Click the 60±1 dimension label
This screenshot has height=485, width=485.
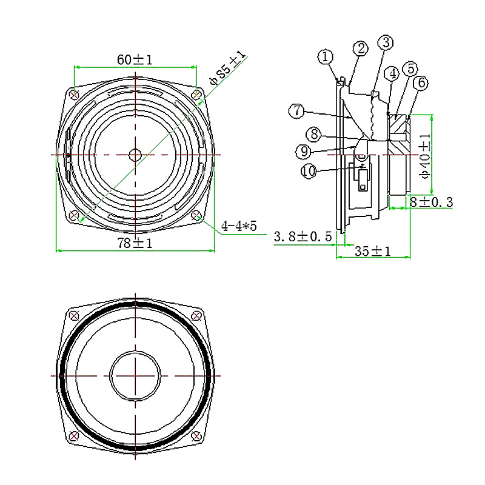pos(135,59)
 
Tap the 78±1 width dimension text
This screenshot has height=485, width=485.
pos(135,243)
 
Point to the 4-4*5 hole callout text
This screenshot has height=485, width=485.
pos(239,226)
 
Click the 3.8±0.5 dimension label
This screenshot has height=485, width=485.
pos(303,236)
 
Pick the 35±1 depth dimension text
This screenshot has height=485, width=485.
pos(372,251)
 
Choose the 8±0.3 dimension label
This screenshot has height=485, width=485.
pos(431,202)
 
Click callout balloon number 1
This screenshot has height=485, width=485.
pos(326,56)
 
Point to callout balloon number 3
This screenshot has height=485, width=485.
pos(386,42)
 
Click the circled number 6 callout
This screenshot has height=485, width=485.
pos(421,83)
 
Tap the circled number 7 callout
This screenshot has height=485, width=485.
pos(296,111)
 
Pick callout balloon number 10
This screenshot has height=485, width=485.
pos(309,171)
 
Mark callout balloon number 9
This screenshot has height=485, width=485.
pos(304,151)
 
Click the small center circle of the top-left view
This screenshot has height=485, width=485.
pos(135,155)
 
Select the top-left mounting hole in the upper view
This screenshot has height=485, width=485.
pos(75,95)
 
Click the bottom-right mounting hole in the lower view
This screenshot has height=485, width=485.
pos(196,436)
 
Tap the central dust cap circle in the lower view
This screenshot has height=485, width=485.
pos(135,376)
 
